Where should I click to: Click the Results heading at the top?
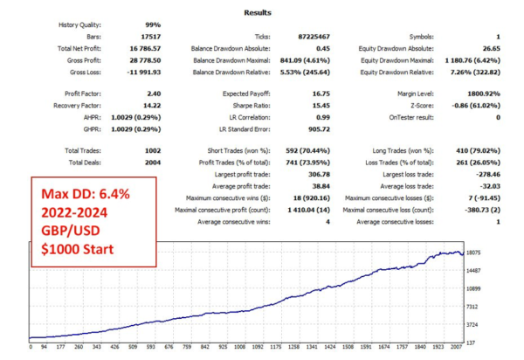tap(259, 12)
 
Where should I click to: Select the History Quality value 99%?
tap(148, 25)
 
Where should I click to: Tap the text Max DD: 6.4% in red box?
tap(83, 196)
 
